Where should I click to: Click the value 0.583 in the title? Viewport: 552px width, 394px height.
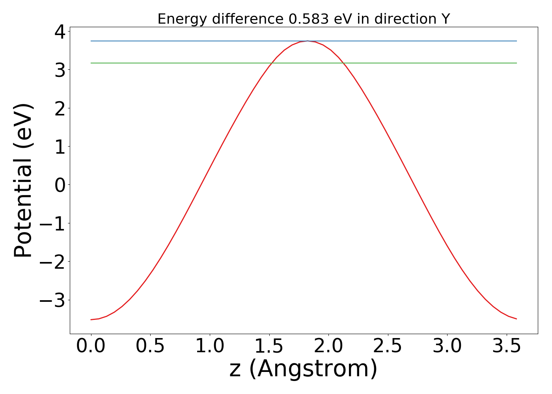pyautogui.click(x=308, y=19)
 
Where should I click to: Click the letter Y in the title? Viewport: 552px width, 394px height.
pyautogui.click(x=446, y=19)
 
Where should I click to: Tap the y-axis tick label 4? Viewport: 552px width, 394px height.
pyautogui.click(x=60, y=32)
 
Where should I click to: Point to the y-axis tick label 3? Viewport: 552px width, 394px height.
pyautogui.click(x=60, y=70)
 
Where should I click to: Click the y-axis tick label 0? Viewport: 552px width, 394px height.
pyautogui.click(x=60, y=185)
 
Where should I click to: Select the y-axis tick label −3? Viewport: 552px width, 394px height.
pyautogui.click(x=53, y=300)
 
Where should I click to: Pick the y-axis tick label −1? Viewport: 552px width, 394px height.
pyautogui.click(x=53, y=223)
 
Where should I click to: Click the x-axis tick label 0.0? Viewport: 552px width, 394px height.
pyautogui.click(x=91, y=346)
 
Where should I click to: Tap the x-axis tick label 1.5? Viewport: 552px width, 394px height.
pyautogui.click(x=269, y=346)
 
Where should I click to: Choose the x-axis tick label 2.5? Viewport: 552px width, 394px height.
pyautogui.click(x=388, y=346)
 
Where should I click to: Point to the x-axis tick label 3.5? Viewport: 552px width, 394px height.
pyautogui.click(x=507, y=346)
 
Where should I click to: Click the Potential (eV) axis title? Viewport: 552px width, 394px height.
pyautogui.click(x=23, y=181)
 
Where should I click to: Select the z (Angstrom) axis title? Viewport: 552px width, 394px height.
pyautogui.click(x=303, y=369)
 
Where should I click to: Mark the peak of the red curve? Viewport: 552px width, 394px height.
pyautogui.click(x=308, y=41)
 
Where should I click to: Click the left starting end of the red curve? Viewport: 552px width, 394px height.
pyautogui.click(x=91, y=320)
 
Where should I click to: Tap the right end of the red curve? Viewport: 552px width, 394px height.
pyautogui.click(x=517, y=319)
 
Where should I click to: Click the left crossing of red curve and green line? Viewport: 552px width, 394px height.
pyautogui.click(x=271, y=63)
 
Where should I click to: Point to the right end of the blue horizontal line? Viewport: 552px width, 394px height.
pyautogui.click(x=517, y=41)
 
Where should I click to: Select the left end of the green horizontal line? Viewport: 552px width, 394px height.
pyautogui.click(x=91, y=63)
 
